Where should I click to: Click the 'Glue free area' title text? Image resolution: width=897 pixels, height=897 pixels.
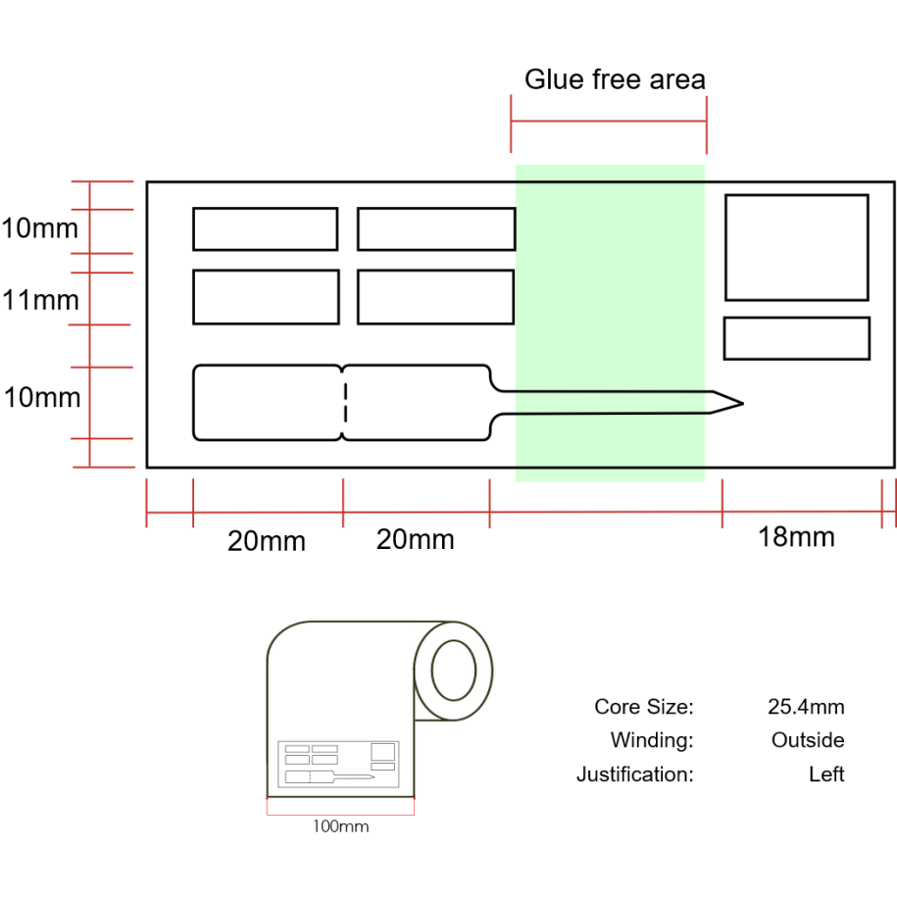click(615, 79)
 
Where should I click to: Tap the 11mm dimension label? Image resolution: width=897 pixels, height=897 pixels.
click(40, 299)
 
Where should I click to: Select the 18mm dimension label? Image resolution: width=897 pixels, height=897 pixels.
click(796, 536)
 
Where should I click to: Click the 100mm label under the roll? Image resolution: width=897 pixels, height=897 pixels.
click(341, 826)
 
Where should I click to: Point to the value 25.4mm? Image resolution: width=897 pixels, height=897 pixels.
click(806, 707)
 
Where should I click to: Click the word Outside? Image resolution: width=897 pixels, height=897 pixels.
click(808, 740)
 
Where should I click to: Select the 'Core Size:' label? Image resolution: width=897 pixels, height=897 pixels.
click(643, 707)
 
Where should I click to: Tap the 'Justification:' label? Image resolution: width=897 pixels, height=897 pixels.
click(634, 774)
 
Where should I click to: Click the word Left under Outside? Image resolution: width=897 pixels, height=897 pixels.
click(826, 774)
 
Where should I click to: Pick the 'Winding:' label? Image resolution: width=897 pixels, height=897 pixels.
click(651, 740)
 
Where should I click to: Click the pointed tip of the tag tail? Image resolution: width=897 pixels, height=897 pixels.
click(740, 403)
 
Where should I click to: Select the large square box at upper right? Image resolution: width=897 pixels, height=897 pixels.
click(796, 247)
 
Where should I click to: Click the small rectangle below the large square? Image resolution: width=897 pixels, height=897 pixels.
click(796, 338)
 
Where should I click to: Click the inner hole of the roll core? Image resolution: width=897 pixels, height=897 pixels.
click(454, 671)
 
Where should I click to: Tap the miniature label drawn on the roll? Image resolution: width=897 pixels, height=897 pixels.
click(337, 764)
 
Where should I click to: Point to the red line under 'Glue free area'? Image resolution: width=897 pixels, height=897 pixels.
click(609, 122)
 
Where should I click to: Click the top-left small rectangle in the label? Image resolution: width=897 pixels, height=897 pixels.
click(265, 229)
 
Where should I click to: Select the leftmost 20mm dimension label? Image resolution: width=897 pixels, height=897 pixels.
click(267, 540)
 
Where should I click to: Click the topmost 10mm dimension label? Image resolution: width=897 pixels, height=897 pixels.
click(40, 229)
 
